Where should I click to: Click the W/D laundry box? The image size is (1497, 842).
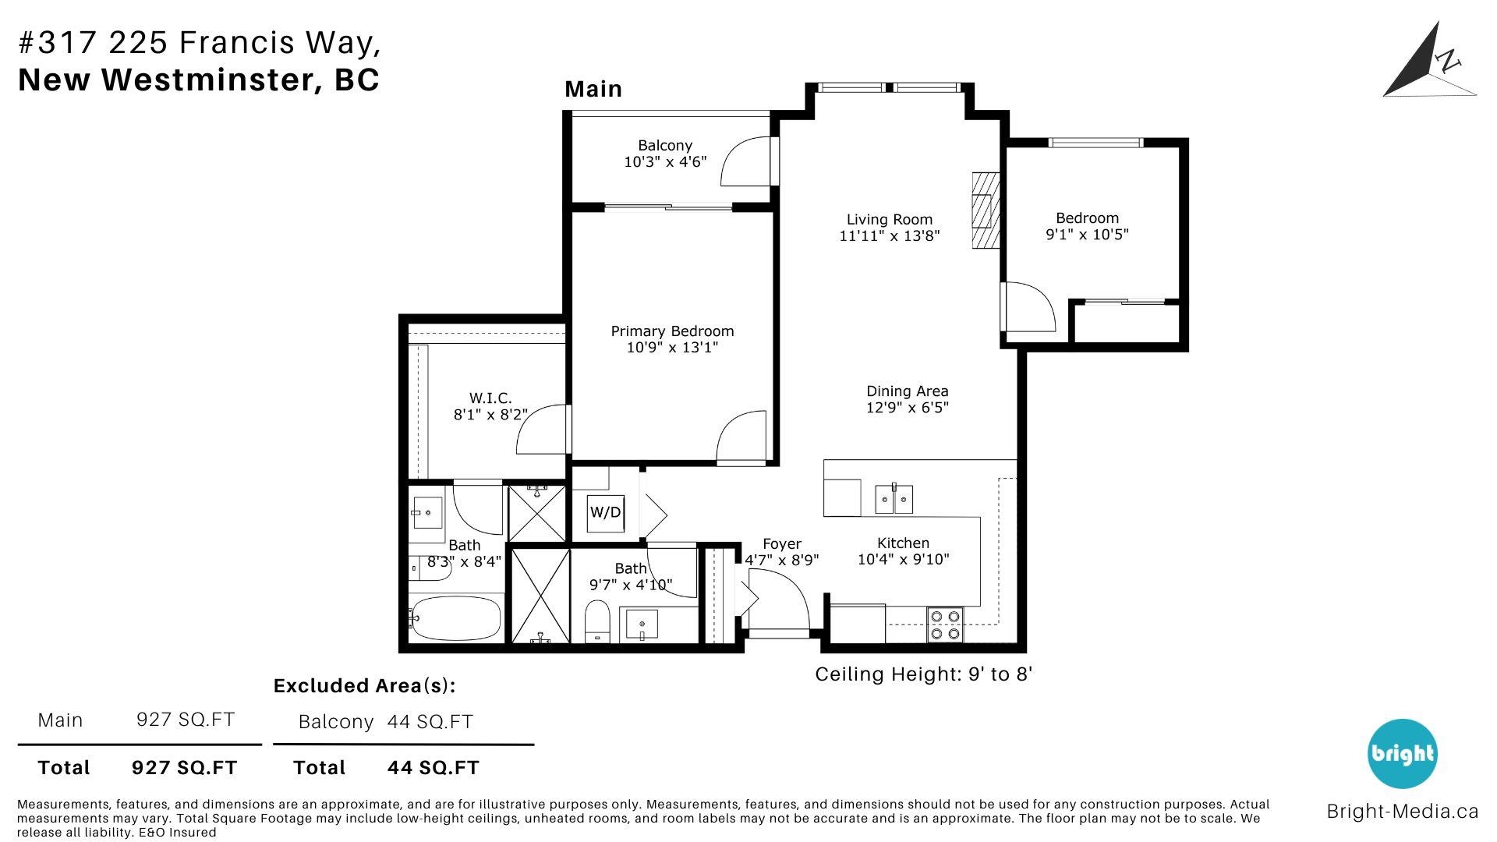point(606,513)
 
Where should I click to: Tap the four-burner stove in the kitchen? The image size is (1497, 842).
point(946,625)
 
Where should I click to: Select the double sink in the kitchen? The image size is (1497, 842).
point(894,499)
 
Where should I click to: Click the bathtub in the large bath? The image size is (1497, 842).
point(455,618)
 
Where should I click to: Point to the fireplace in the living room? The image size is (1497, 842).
point(986,210)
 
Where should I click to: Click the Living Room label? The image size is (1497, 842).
point(890,220)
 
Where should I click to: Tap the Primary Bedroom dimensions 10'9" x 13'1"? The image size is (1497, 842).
point(672,348)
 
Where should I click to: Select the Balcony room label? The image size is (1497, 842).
point(665,146)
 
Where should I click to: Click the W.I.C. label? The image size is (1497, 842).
point(490,398)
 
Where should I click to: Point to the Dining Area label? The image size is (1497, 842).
point(908,391)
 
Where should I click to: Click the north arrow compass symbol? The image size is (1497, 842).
point(1429,60)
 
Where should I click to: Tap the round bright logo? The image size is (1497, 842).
point(1403,754)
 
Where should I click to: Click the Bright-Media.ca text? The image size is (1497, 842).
point(1403,812)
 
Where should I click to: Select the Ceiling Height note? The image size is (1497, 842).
point(924,674)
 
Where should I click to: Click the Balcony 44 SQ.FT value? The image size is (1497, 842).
point(430,722)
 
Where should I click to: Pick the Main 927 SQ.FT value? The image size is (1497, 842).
point(186,720)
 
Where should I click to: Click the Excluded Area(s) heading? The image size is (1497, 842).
point(364,686)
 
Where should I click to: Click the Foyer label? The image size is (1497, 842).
point(782,544)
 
